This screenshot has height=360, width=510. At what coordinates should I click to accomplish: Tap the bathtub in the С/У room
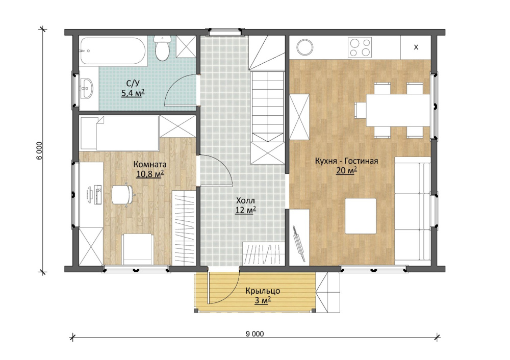tap(113, 50)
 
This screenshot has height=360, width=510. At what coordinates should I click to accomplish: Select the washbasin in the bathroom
tap(87, 88)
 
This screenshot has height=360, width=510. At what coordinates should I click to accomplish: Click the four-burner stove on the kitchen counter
tap(360, 47)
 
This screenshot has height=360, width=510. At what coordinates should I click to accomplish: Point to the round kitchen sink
tap(305, 47)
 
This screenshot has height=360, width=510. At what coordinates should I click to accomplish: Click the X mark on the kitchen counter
tap(416, 47)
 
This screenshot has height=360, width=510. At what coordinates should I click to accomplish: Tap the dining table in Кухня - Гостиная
tap(398, 110)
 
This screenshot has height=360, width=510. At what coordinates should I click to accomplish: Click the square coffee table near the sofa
tap(361, 216)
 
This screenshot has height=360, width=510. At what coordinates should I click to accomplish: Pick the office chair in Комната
tap(123, 194)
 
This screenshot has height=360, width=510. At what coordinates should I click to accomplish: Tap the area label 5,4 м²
tap(133, 93)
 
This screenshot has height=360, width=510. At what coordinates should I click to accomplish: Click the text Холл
tap(246, 200)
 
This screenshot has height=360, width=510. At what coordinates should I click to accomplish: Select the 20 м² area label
tap(346, 170)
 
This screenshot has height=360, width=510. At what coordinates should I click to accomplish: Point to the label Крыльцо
tap(263, 291)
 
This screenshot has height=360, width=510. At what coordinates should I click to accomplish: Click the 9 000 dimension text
tap(254, 333)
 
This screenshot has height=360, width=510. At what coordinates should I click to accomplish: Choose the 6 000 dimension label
tap(39, 150)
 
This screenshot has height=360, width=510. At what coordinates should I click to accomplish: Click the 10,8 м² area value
tap(149, 174)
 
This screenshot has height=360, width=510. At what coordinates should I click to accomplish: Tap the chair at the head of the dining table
tap(361, 110)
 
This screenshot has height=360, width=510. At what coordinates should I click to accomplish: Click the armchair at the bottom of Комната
tap(137, 249)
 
